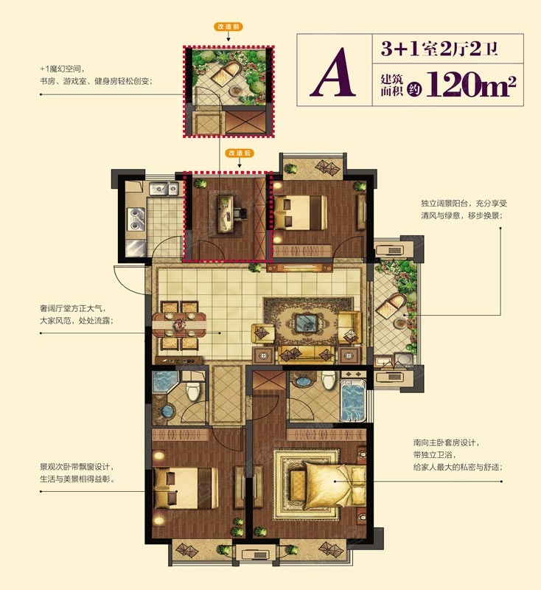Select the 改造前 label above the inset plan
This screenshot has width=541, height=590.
(228, 27)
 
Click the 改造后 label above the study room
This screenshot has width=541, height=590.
(228, 153)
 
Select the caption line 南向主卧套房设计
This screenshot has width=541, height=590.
(447, 443)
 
